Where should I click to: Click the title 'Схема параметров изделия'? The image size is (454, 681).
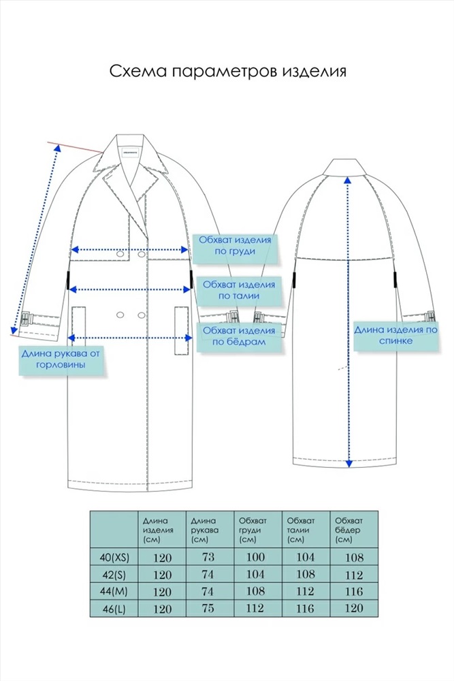(228, 71)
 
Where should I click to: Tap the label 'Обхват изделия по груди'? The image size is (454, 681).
(235, 245)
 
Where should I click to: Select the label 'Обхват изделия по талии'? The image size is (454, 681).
(239, 290)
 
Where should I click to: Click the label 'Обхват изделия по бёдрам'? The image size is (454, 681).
(239, 336)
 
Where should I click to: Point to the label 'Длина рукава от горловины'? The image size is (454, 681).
(61, 359)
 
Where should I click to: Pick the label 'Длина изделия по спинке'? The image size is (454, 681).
(396, 335)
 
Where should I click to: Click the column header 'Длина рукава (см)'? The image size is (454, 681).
(204, 530)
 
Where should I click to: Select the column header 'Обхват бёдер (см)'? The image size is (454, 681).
(348, 530)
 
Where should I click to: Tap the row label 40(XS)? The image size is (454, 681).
(114, 557)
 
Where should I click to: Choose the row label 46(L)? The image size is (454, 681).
(114, 609)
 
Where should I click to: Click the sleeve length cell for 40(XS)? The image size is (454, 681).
(208, 557)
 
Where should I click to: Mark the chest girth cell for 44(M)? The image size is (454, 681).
(255, 591)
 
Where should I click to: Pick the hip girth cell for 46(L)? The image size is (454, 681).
(354, 608)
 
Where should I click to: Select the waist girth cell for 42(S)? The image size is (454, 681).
(305, 574)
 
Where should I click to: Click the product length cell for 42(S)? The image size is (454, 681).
(162, 575)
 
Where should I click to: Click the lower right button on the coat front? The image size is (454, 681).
(142, 315)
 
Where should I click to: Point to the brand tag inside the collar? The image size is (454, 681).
(129, 153)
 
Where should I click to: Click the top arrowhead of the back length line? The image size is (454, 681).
(346, 180)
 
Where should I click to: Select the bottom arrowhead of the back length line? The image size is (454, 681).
(348, 464)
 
